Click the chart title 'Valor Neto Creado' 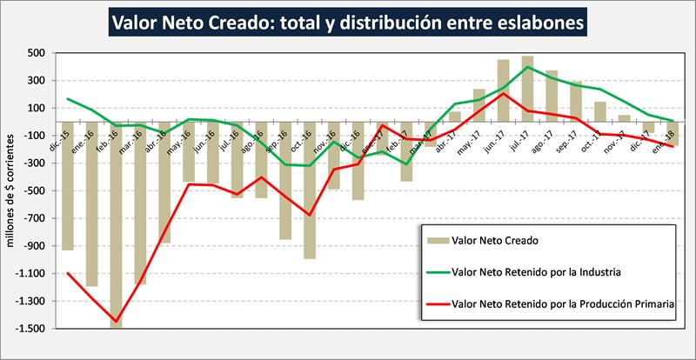click(348, 21)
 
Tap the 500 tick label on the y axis click(36, 53)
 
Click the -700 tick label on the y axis click(34, 218)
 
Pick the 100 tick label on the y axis click(36, 108)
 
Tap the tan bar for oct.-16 click(309, 197)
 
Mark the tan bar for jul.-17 click(527, 96)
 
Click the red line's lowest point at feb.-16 click(116, 322)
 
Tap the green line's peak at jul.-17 click(527, 66)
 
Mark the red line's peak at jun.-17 click(504, 93)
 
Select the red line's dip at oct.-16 click(309, 215)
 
